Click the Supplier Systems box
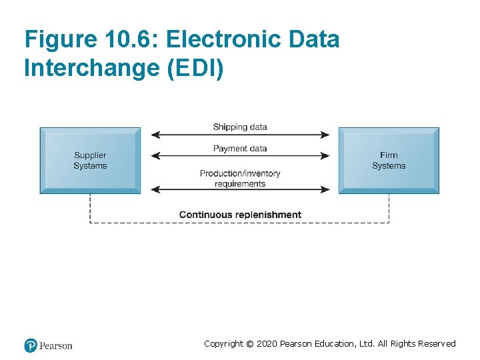click(90, 161)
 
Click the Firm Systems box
click(389, 161)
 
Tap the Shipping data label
click(240, 127)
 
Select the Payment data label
click(240, 149)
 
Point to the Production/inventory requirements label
click(240, 178)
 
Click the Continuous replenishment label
click(240, 215)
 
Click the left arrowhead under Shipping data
click(155, 135)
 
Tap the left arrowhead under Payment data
click(155, 156)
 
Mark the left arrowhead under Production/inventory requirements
click(155, 189)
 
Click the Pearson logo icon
click(31, 345)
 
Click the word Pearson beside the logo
click(55, 346)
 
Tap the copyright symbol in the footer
click(249, 344)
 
